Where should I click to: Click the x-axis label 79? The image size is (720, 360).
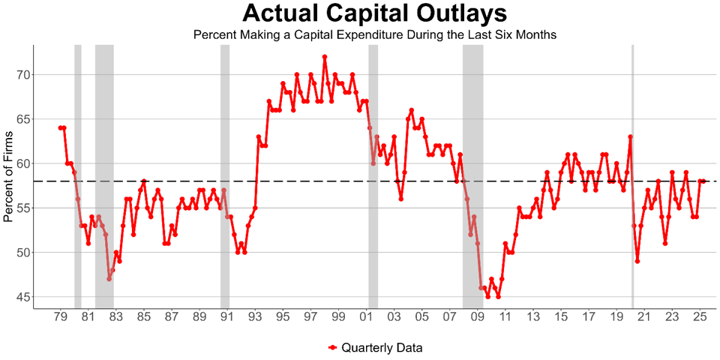[60, 317]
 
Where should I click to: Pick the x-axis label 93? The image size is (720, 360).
[255, 317]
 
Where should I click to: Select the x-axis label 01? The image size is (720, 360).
[367, 317]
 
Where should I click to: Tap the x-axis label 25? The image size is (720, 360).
[700, 317]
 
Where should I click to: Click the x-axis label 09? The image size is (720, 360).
[478, 317]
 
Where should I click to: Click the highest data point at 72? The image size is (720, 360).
[325, 56]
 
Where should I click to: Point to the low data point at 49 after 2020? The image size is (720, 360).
[637, 261]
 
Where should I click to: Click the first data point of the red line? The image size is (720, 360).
[60, 127]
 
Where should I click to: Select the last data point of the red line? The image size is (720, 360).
[703, 181]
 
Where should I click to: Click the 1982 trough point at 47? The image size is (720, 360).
[109, 279]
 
